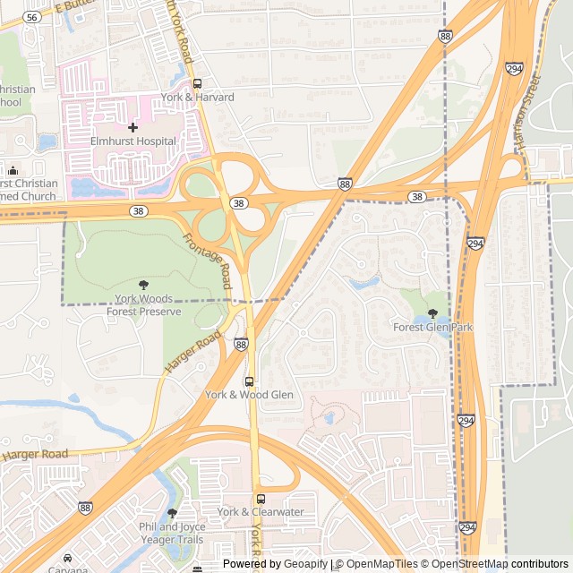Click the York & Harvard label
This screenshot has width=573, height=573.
coord(197,97)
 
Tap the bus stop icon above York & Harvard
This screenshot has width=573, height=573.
coord(197,83)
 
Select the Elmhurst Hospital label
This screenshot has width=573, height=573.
coord(133,141)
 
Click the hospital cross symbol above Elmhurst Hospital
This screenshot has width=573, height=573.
coord(133,127)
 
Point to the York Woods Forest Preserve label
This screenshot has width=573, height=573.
coord(144,305)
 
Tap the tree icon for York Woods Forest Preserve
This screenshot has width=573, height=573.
coord(144,285)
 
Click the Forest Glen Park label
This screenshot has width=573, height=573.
coord(432,328)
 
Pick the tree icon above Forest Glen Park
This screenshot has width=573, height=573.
coord(432,314)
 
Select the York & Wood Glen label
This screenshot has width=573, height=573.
coord(249,395)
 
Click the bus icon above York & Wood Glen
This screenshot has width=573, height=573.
coord(249,381)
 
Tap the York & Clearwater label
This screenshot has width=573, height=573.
coord(261,512)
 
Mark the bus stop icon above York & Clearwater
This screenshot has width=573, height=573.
coord(261,499)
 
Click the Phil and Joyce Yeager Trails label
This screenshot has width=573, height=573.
coord(172,534)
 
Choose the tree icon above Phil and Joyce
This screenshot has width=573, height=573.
coord(172,513)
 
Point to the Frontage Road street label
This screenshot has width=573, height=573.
coord(208,256)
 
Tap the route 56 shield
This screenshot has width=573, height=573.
coord(32,17)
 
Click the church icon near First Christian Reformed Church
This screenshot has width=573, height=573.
coord(13,170)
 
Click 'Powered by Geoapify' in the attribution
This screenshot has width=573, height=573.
coord(275,564)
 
